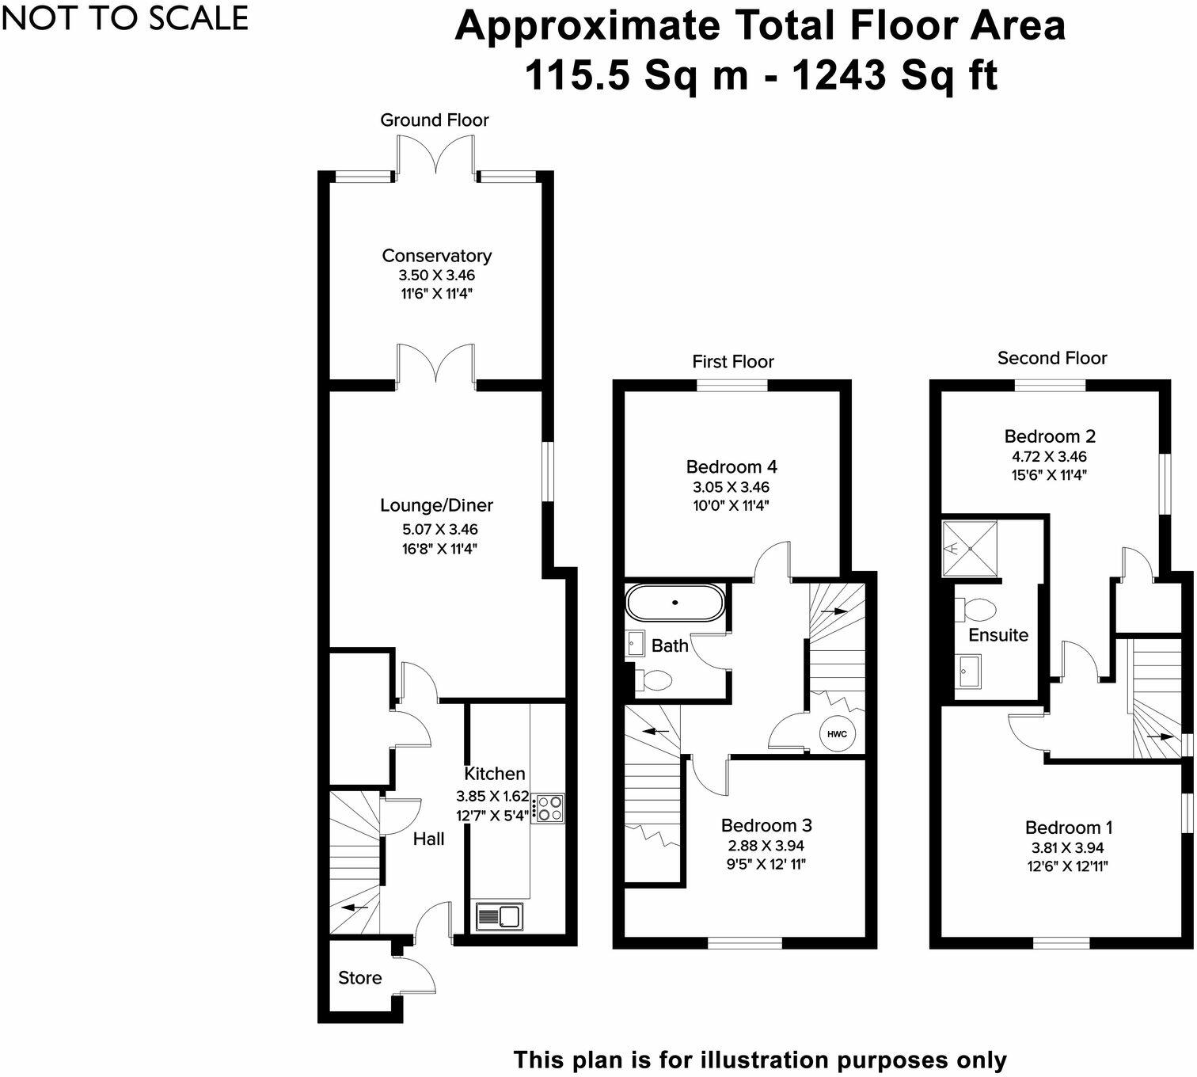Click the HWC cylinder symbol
pos(837,733)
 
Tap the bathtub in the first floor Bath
pos(674,603)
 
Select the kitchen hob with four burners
pos(549,809)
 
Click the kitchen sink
pos(500,916)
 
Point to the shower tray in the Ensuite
pos(969,548)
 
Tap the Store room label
pos(359,978)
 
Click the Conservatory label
pos(436,256)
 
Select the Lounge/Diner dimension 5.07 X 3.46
pos(439,529)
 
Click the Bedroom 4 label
pos(731,467)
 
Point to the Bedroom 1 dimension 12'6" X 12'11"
pos(1068,866)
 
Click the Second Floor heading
pos(1051,358)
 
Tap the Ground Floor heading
pos(434,120)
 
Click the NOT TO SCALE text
pos(125,18)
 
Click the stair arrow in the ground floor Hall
pos(355,908)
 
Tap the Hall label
pos(428,839)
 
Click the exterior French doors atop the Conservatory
pos(435,155)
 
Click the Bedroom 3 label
pos(766,826)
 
